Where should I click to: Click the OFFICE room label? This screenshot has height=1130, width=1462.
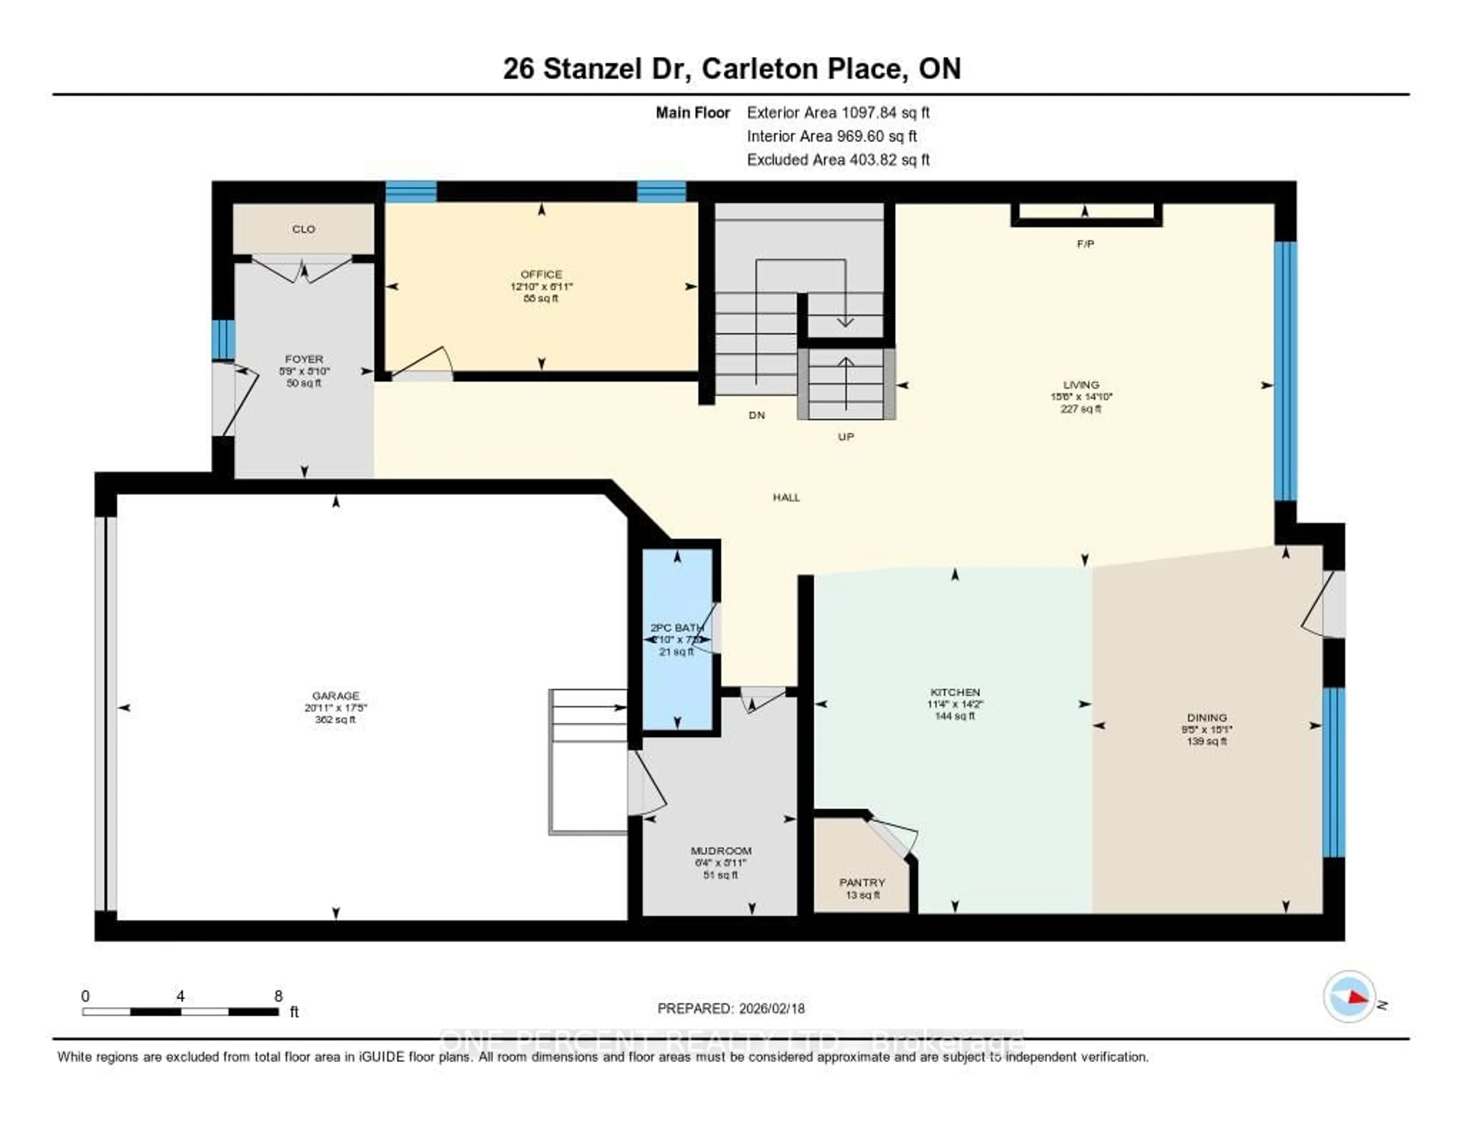point(541,274)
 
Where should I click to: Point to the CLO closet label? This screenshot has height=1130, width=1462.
point(303,229)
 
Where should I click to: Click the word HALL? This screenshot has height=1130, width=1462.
point(786,498)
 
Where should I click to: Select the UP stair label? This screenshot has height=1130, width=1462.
point(846,437)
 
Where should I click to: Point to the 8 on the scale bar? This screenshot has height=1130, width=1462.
point(278,996)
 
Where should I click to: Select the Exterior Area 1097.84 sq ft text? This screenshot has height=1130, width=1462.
point(838,112)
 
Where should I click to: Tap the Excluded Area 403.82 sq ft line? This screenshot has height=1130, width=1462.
point(838,159)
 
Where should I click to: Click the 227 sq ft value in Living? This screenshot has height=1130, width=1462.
point(1081,408)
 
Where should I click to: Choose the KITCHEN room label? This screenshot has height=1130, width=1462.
point(954,692)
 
